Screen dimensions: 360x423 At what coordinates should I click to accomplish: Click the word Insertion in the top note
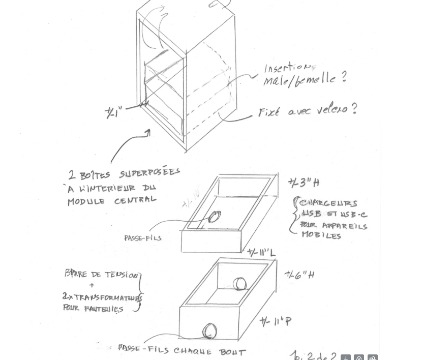287,68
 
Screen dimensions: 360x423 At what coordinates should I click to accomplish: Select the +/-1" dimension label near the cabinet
113,112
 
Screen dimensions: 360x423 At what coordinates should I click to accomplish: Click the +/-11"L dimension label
261,253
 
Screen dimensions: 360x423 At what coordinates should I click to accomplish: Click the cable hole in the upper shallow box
215,217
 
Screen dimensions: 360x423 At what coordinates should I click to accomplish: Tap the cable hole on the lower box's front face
209,332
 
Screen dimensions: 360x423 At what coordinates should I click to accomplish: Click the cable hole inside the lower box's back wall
239,284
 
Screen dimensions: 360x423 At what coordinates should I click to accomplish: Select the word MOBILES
321,235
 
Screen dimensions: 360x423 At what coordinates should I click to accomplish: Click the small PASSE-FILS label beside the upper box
142,238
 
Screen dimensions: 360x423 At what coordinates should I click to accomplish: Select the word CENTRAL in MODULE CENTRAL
135,200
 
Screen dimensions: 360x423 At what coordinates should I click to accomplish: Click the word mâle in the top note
275,81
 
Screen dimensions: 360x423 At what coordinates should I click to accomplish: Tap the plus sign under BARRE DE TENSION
92,285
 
